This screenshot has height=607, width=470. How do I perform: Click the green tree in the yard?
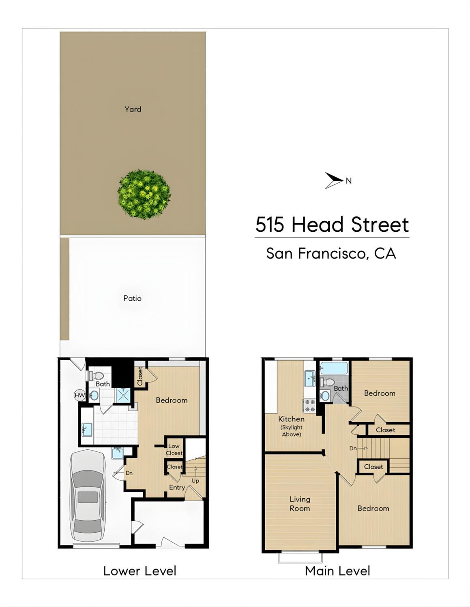coord(144,194)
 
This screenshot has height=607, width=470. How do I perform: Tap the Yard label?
coord(133,109)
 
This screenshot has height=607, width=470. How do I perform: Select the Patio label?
coord(133,298)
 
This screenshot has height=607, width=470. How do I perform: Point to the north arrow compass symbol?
coord(334,180)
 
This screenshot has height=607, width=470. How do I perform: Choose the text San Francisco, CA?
coord(331,253)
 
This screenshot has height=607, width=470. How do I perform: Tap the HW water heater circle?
coord(79,395)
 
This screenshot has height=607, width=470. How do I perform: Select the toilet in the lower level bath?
coord(95,375)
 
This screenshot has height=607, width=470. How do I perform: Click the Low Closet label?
coord(174,449)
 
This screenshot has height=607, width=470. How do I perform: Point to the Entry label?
coord(177,487)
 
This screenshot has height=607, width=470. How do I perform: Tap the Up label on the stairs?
coord(195,481)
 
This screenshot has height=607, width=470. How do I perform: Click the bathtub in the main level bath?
coord(334,368)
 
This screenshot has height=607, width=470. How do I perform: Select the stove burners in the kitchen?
coord(309,406)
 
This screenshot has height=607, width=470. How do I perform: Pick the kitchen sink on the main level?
coord(310,378)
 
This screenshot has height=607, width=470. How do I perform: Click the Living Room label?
coord(300,504)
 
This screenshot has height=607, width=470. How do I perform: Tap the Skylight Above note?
coord(292,431)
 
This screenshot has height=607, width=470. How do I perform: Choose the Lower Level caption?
coord(140,571)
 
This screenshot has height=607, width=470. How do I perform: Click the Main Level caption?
coord(337,571)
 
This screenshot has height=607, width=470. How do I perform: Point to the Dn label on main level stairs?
coord(353,448)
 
